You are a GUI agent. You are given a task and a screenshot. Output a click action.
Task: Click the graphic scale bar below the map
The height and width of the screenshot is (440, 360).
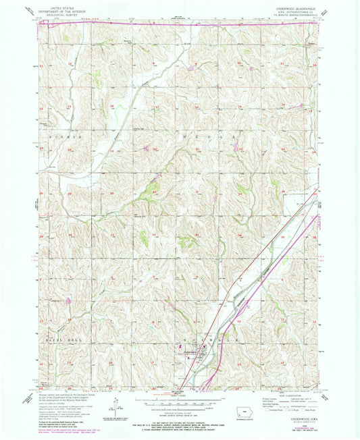(x=179, y=395)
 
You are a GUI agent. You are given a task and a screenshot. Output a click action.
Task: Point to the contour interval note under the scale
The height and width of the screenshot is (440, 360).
(x=179, y=403)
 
